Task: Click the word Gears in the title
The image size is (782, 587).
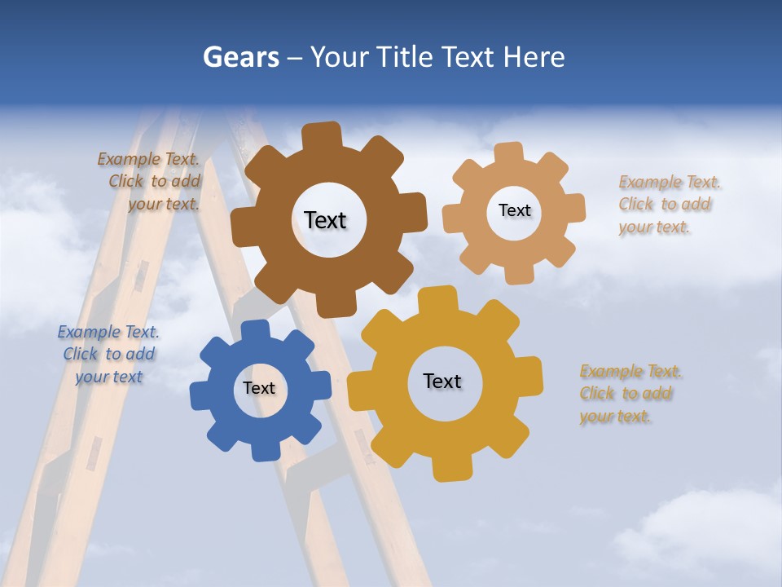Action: (x=240, y=57)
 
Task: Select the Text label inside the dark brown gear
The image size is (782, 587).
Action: (x=325, y=220)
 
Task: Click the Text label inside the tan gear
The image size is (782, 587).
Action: (x=514, y=210)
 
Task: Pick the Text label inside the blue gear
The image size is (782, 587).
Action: (x=258, y=388)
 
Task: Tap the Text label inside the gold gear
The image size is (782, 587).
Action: (x=442, y=381)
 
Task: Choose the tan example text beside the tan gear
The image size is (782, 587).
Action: (x=669, y=205)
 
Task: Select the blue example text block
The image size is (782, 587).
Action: (x=108, y=354)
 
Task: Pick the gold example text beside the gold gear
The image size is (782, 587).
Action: (x=630, y=394)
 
